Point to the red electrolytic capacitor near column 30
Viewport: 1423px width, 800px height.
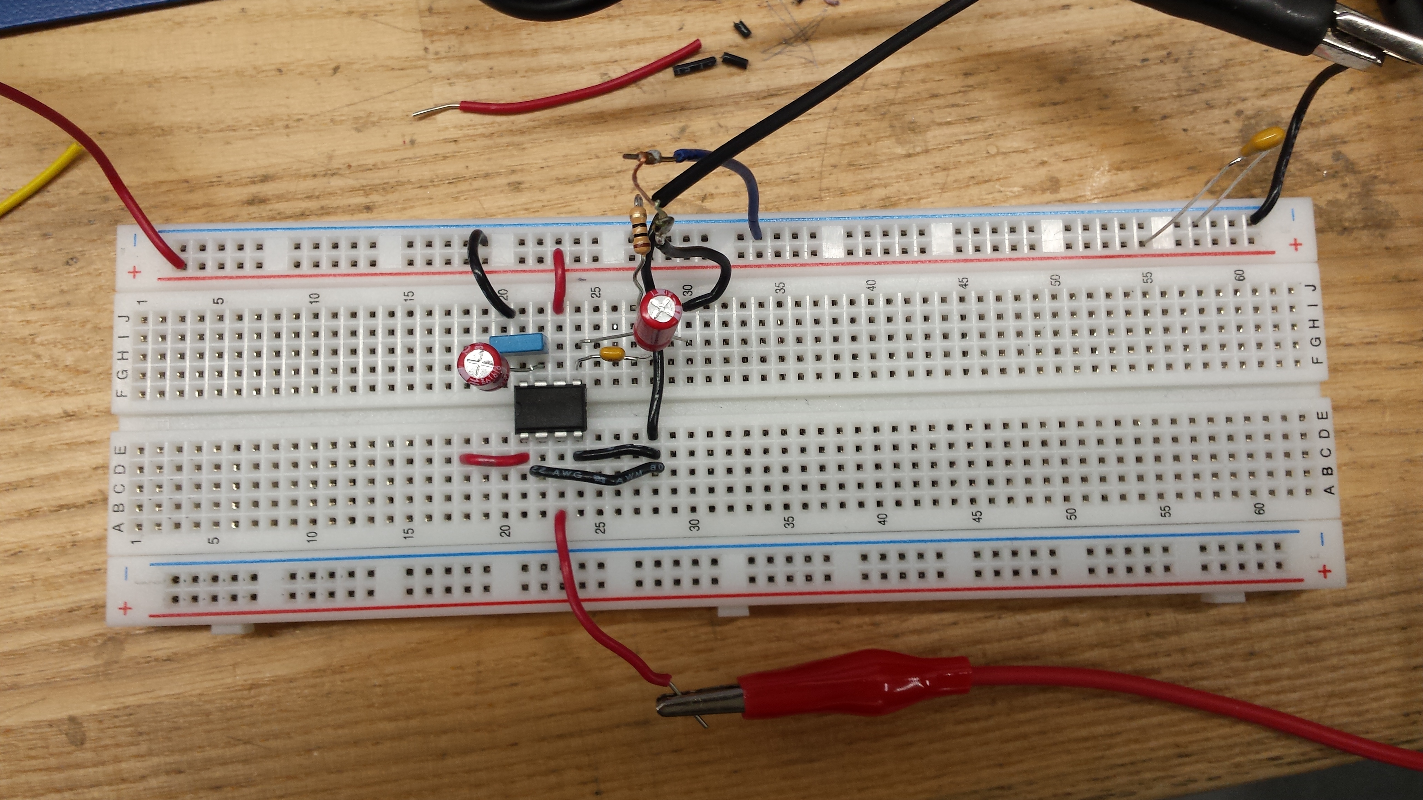click(x=656, y=320)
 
